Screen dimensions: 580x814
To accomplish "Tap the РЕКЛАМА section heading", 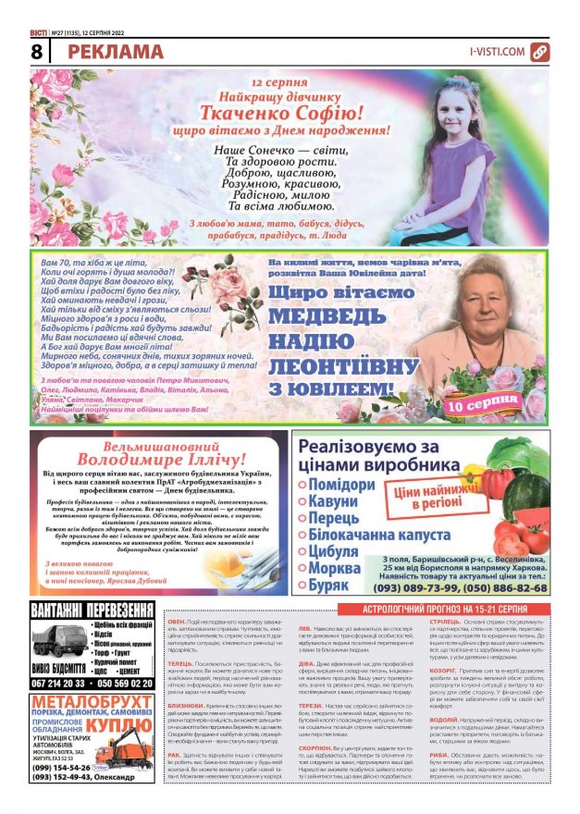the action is coord(115,52).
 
